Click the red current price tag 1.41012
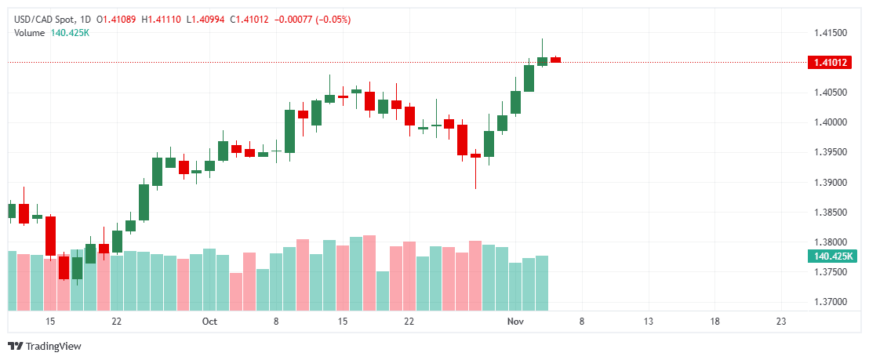[829, 63]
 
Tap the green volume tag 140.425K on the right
[829, 256]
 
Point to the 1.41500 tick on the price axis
[829, 33]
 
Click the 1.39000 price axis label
[829, 183]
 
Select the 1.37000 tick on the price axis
[829, 302]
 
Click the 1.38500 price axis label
[829, 213]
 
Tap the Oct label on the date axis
[209, 322]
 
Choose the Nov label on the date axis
[514, 322]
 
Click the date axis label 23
[780, 322]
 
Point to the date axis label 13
[648, 322]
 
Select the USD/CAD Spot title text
[44, 19]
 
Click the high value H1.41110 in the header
[161, 19]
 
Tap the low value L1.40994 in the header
[205, 19]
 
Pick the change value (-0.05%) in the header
[333, 19]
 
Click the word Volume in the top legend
[30, 32]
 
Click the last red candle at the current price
[555, 59]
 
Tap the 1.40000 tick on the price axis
[829, 122]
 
